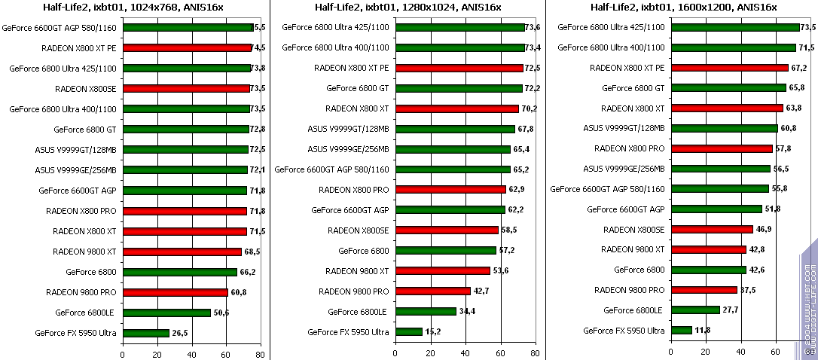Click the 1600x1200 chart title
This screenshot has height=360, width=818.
(x=682, y=8)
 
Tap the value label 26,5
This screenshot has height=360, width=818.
(x=181, y=333)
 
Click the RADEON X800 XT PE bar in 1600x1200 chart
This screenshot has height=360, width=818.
(x=729, y=68)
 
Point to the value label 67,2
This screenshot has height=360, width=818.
(x=799, y=68)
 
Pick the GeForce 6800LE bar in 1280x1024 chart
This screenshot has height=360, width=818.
(x=426, y=312)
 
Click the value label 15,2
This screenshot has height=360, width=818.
(x=433, y=332)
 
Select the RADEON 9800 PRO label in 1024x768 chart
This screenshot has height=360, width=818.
(x=81, y=291)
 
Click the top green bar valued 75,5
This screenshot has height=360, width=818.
(x=187, y=27)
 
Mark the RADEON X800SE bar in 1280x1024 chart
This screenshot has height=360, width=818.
(x=447, y=230)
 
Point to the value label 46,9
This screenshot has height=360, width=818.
(x=765, y=229)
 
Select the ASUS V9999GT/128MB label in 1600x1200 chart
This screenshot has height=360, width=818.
(x=624, y=128)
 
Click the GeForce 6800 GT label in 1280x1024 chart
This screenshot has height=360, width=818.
(x=357, y=88)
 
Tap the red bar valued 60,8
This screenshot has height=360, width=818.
(x=174, y=292)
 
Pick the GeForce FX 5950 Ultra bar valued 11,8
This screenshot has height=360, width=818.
(x=681, y=330)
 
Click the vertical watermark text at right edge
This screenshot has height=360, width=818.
(x=810, y=301)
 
